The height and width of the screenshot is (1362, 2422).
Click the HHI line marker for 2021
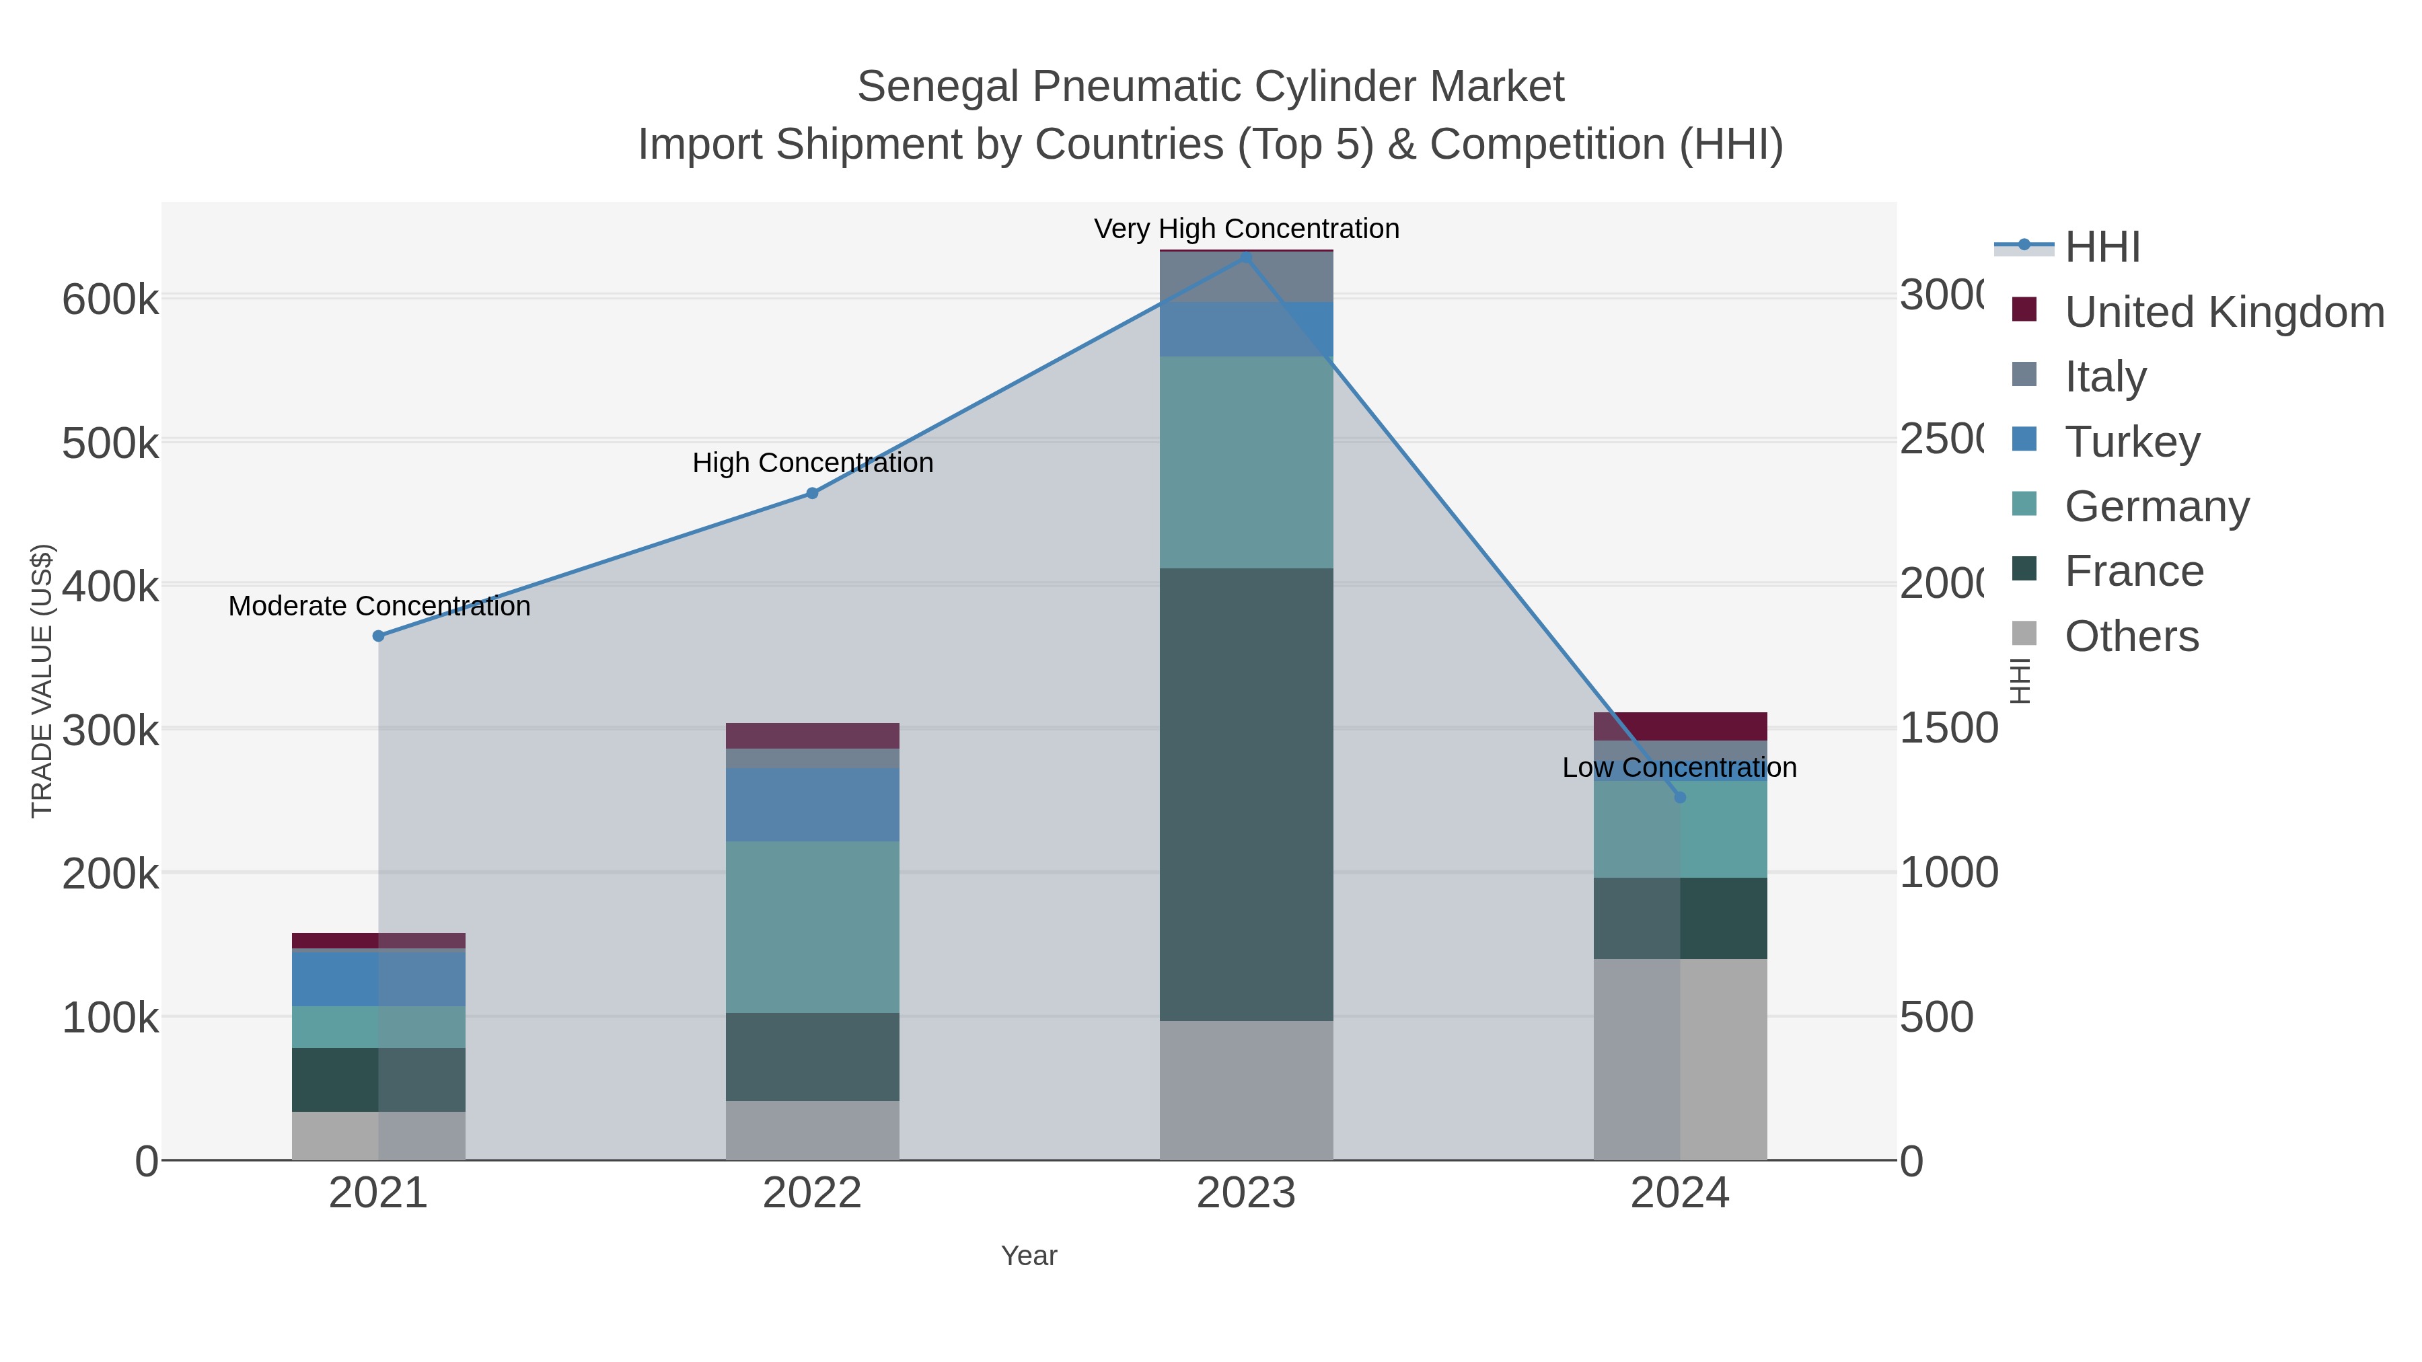pyautogui.click(x=379, y=636)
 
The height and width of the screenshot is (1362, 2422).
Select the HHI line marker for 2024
pyautogui.click(x=1680, y=797)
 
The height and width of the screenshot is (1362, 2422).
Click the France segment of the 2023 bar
pyautogui.click(x=1246, y=794)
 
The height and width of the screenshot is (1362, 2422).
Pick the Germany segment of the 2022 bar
pyautogui.click(x=812, y=927)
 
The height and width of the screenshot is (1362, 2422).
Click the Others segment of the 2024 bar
pyautogui.click(x=1680, y=1059)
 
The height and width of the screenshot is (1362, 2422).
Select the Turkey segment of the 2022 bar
pyautogui.click(x=812, y=804)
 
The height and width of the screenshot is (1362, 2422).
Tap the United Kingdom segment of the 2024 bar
pyautogui.click(x=1680, y=726)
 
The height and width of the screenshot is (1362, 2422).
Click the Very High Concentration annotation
pyautogui.click(x=1246, y=229)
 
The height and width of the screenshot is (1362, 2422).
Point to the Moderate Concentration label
pyautogui.click(x=379, y=606)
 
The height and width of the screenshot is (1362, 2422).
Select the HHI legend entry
pyautogui.click(x=2102, y=248)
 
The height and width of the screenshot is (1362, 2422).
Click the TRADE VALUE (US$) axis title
pyautogui.click(x=42, y=681)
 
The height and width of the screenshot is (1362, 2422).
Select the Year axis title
pyautogui.click(x=1029, y=1256)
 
